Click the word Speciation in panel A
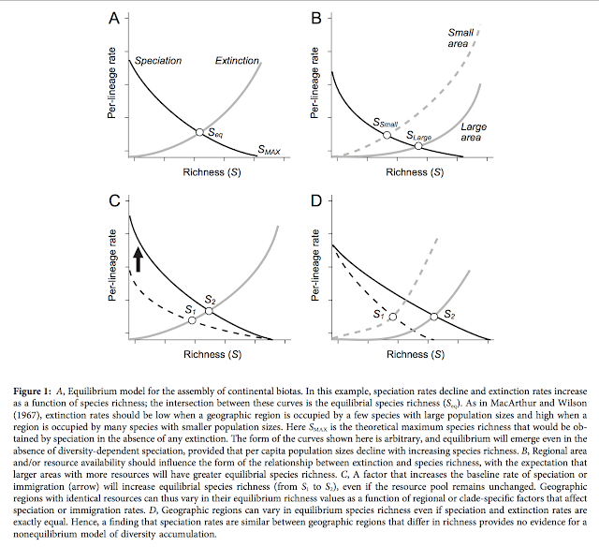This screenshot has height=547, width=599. [x=158, y=62]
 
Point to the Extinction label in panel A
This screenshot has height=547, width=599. [x=237, y=62]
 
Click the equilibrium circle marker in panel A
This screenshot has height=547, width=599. [x=198, y=132]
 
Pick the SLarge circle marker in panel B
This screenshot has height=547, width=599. [x=418, y=145]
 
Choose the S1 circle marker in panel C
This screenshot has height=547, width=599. [x=193, y=320]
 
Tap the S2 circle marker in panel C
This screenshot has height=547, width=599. [x=208, y=310]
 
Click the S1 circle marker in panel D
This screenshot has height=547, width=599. [x=393, y=318]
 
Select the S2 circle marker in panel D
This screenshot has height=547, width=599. [x=433, y=317]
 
